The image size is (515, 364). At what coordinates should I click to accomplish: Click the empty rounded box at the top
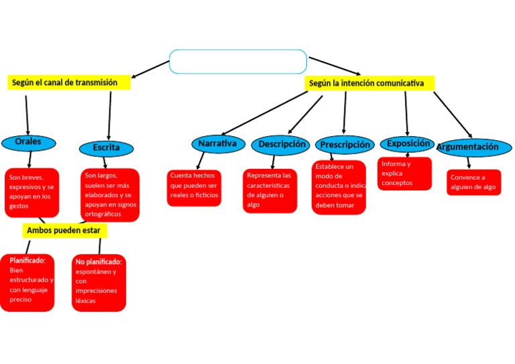(x=238, y=61)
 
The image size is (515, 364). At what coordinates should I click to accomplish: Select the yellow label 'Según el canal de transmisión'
(x=68, y=82)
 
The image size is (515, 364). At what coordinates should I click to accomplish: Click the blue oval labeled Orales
(x=28, y=142)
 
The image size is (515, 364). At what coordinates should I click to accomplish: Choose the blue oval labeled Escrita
(x=107, y=147)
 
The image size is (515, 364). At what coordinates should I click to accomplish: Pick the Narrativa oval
(x=217, y=143)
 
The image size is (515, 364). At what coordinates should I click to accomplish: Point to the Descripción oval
(x=281, y=144)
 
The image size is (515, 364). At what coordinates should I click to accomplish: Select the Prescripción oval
(x=345, y=145)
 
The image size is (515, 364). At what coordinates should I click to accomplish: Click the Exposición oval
(x=408, y=143)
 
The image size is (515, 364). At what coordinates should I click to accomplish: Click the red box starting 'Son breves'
(x=32, y=192)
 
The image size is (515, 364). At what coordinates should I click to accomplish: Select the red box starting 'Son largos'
(x=110, y=194)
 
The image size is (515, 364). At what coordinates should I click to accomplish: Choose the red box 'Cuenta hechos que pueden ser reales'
(x=194, y=187)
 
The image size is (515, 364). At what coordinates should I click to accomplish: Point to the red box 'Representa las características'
(x=270, y=190)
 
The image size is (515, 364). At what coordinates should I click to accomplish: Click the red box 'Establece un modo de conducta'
(x=339, y=186)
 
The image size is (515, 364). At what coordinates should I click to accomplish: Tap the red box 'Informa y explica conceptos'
(x=404, y=174)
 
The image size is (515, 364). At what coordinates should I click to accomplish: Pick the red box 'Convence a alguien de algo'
(x=473, y=182)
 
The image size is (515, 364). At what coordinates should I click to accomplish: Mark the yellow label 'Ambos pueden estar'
(x=64, y=231)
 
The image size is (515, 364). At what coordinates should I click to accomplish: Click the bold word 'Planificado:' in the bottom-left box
(x=27, y=260)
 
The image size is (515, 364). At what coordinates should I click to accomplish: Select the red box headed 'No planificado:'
(x=99, y=282)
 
